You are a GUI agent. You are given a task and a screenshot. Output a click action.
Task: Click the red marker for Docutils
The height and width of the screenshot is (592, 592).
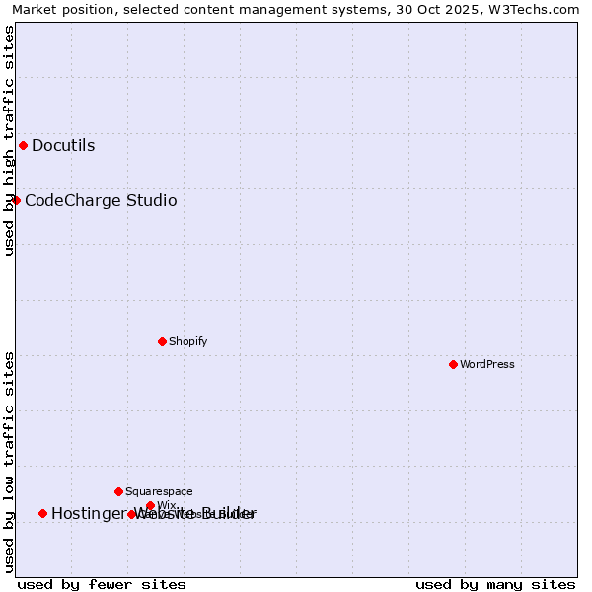[23, 146]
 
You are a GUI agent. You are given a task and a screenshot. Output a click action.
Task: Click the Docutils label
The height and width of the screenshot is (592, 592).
[63, 146]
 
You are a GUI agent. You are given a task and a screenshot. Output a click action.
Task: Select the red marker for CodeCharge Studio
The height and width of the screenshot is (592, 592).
[16, 201]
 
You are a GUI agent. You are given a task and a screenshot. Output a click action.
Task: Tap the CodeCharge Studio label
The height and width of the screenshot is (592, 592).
[101, 201]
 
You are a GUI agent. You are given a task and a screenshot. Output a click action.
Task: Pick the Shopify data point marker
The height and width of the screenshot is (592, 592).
[162, 341]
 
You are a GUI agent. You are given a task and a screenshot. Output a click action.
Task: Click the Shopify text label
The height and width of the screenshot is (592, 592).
[187, 342]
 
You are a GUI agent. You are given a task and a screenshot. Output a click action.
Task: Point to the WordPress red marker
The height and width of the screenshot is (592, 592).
[453, 364]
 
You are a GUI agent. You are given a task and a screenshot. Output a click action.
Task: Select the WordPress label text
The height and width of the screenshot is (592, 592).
[487, 365]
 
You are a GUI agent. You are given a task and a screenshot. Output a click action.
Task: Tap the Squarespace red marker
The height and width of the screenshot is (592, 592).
[118, 491]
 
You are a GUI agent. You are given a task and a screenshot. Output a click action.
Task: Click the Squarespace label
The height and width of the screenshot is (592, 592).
[159, 492]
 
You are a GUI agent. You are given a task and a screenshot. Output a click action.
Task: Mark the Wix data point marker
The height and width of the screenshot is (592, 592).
[150, 506]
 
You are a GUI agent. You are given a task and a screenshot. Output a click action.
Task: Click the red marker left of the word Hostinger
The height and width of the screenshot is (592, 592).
[42, 513]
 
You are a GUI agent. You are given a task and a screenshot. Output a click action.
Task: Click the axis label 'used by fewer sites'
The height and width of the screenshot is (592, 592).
[102, 584]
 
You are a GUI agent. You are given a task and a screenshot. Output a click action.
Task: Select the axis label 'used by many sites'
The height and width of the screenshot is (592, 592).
[495, 584]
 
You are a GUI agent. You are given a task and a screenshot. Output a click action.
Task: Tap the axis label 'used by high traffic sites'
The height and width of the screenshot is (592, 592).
[10, 140]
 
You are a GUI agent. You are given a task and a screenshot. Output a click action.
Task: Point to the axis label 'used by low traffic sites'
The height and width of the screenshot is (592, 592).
[10, 462]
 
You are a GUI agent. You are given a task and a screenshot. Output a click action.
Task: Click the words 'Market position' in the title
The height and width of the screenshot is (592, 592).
[58, 10]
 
